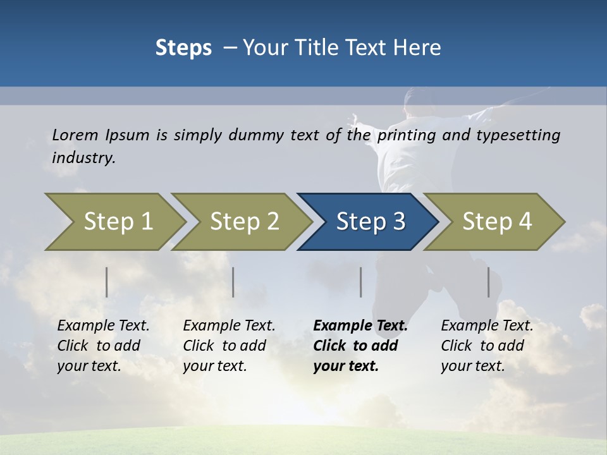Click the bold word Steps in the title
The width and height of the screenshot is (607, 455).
click(x=183, y=48)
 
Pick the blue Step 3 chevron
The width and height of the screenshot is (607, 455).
click(x=369, y=221)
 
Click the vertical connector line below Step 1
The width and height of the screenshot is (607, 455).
click(x=107, y=282)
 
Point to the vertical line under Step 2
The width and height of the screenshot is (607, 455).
click(x=233, y=282)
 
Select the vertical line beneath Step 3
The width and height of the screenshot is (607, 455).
click(x=361, y=282)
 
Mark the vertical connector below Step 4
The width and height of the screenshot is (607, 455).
click(x=489, y=282)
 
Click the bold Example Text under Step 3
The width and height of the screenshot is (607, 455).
click(x=360, y=346)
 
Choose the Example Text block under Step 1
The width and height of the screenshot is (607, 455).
click(x=103, y=346)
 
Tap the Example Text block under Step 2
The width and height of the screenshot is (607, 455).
click(x=229, y=346)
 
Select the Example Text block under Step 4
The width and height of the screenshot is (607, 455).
click(x=487, y=346)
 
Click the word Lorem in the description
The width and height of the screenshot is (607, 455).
click(x=75, y=135)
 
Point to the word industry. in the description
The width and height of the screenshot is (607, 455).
click(x=83, y=158)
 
